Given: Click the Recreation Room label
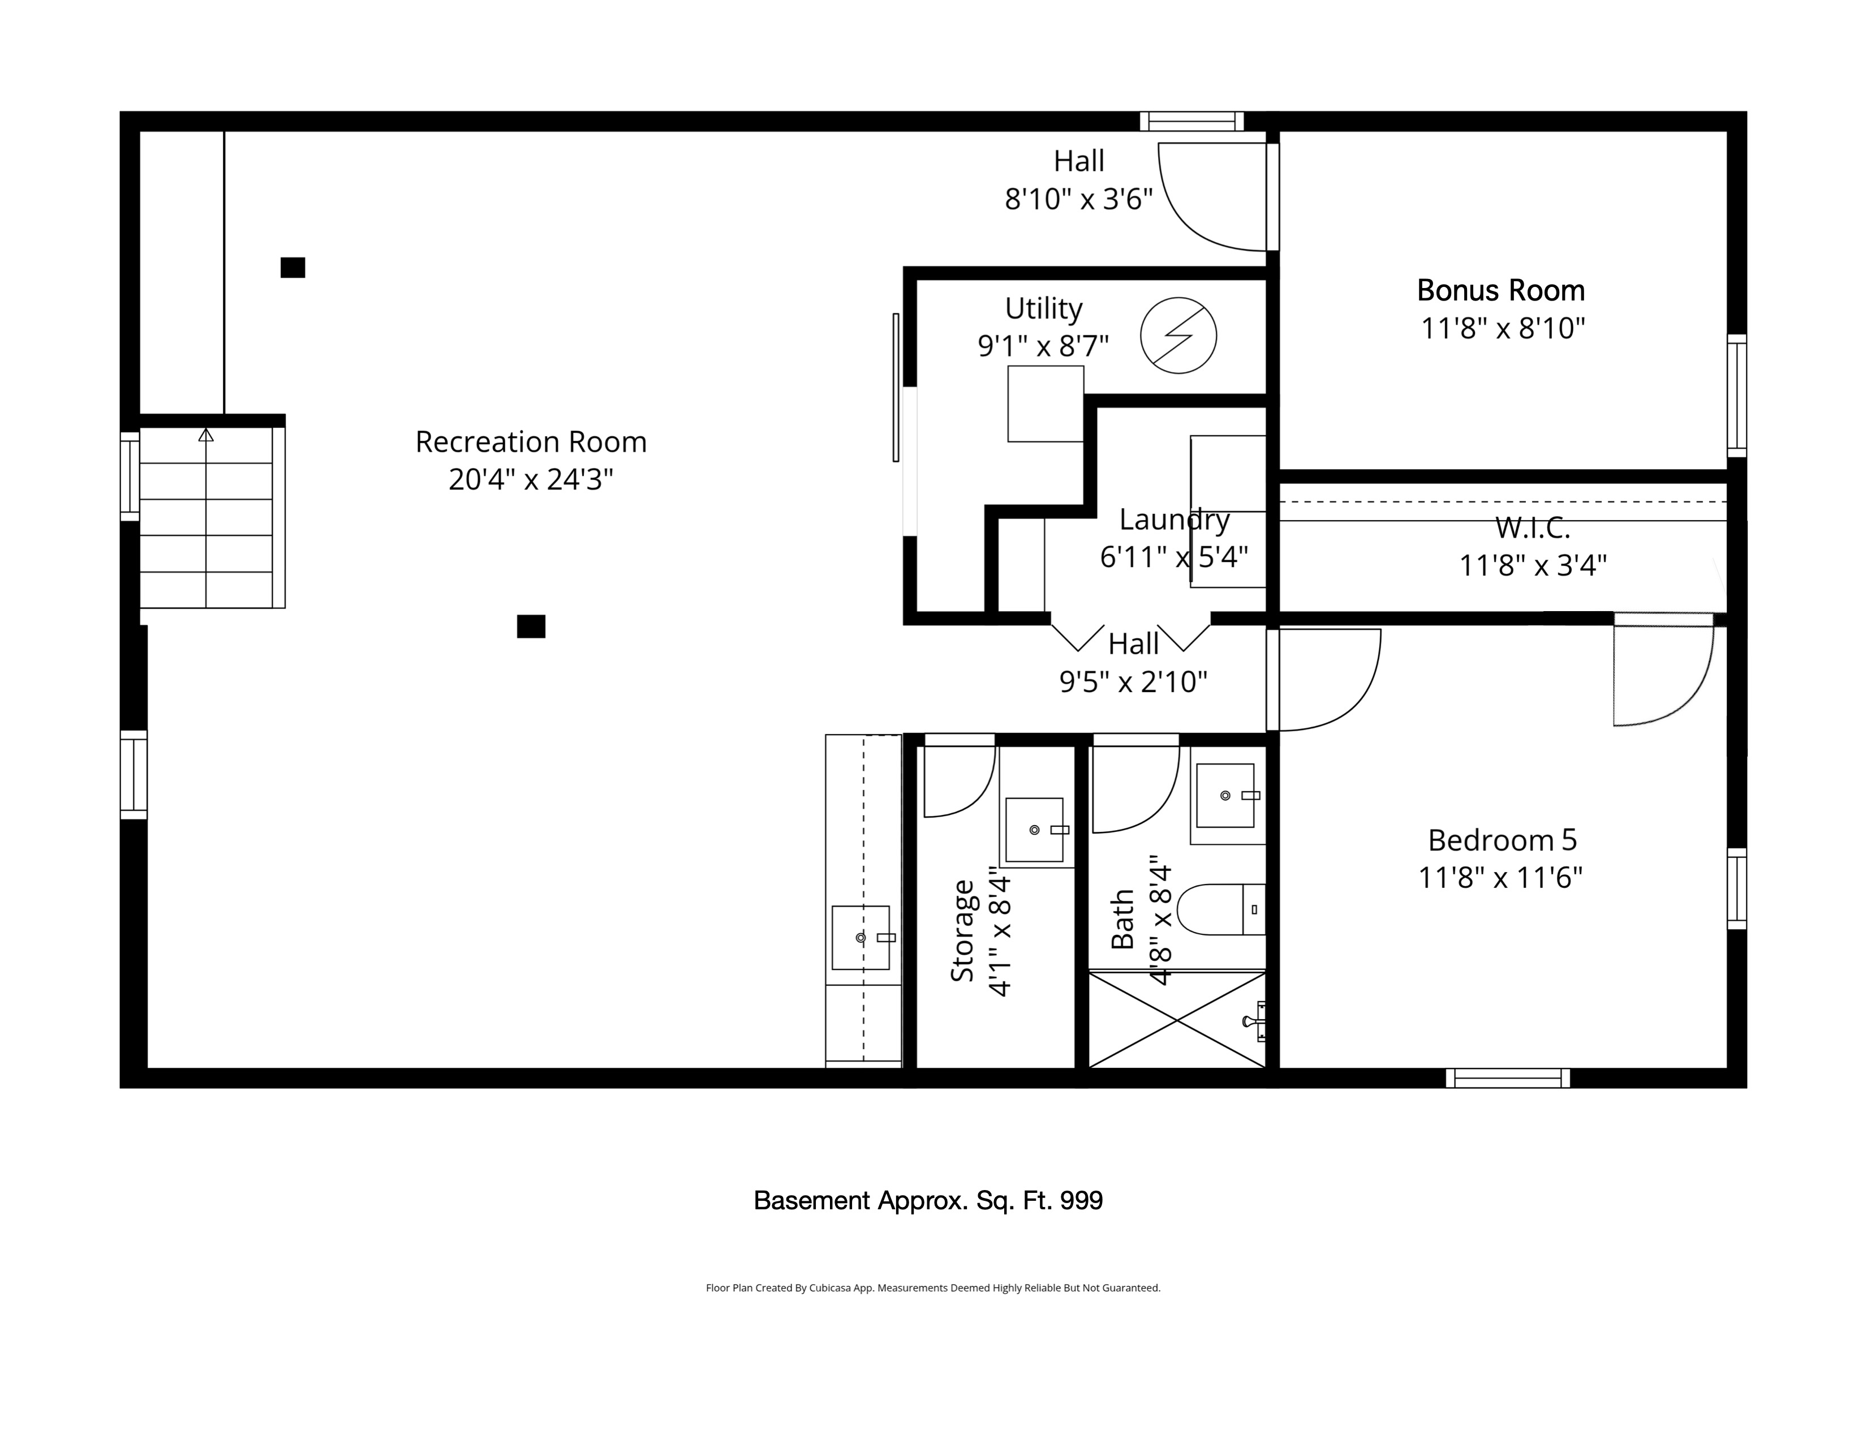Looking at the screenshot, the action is pyautogui.click(x=531, y=442).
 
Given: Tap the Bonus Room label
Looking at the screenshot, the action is pyautogui.click(x=1501, y=291).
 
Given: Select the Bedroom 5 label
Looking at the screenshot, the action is pyautogui.click(x=1502, y=840).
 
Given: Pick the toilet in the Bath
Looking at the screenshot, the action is pyautogui.click(x=1221, y=909).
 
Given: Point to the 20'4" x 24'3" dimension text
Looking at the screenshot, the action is pyautogui.click(x=531, y=479).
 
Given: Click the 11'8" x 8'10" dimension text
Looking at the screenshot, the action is pyautogui.click(x=1503, y=328).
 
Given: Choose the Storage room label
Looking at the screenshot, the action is pyautogui.click(x=962, y=931).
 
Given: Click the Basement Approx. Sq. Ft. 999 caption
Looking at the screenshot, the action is pyautogui.click(x=928, y=1200).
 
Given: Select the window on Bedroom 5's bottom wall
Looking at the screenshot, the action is pyautogui.click(x=1508, y=1078).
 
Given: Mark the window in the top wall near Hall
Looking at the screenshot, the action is pyautogui.click(x=1191, y=122).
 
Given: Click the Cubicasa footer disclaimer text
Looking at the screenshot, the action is pyautogui.click(x=932, y=1287).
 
